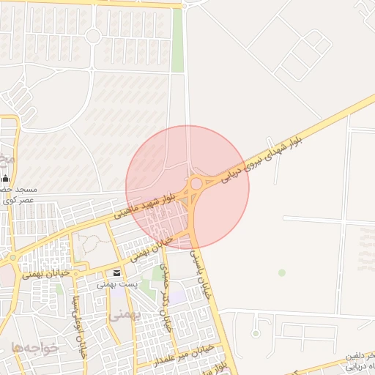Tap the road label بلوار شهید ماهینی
coord(146,205)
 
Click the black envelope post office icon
coord(117,273)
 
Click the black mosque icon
coord(6,177)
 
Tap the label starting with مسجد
coord(22,189)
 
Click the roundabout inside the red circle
coord(196,183)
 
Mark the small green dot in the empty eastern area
coord(282,272)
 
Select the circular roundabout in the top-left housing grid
coord(93,36)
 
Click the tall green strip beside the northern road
coord(177,40)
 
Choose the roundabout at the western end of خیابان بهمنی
coord(12,258)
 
